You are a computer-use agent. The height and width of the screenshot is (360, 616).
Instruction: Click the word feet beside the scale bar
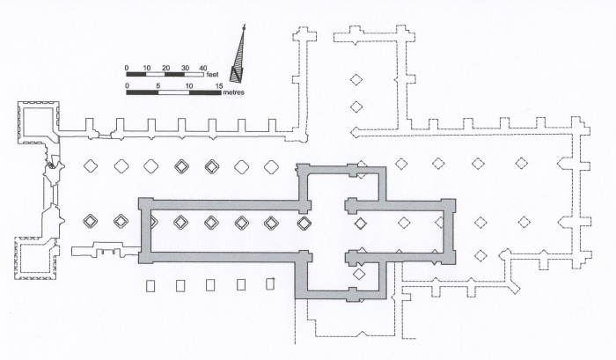[x=213, y=75]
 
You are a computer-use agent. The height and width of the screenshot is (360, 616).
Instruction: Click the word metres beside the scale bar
[x=233, y=92]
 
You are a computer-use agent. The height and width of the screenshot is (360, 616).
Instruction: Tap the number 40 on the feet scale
[x=202, y=68]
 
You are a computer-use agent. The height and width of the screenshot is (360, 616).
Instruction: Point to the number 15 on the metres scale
[x=219, y=86]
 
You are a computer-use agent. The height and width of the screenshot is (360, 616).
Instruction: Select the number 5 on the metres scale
[x=158, y=86]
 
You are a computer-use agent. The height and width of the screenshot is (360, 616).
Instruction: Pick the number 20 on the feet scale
[x=165, y=68]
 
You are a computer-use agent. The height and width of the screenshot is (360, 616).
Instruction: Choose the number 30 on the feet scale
[x=185, y=68]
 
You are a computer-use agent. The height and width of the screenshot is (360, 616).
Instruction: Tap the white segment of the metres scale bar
[x=173, y=92]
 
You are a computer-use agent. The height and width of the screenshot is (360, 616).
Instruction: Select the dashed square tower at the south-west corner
[x=36, y=258]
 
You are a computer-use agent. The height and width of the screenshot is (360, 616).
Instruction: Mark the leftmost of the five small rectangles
[x=150, y=286]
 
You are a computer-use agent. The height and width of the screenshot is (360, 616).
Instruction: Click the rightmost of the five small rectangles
[x=270, y=283]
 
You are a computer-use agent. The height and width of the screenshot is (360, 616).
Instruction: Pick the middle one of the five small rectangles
[x=210, y=285]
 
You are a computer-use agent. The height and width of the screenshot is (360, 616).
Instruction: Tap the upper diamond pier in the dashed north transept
[x=356, y=80]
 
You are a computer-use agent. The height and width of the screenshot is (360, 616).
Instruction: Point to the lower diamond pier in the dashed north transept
[x=356, y=107]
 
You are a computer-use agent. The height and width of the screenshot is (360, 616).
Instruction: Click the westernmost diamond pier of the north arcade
[x=91, y=165]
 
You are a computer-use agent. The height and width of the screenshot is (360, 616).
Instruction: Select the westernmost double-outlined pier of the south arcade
[x=91, y=221]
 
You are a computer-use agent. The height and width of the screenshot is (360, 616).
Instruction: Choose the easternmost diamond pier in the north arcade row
[x=521, y=163]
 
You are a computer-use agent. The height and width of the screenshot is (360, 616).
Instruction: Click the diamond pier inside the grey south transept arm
[x=359, y=274]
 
